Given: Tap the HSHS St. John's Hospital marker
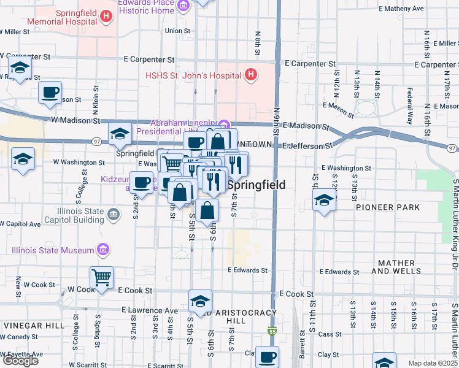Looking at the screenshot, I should [250, 75].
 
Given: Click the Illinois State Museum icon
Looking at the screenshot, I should [103, 250].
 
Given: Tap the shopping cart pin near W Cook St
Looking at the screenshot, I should [101, 278].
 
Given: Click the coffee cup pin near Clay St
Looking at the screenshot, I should [267, 356].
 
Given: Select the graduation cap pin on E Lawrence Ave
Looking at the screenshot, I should [200, 302].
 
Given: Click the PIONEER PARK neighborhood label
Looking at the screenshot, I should [387, 207].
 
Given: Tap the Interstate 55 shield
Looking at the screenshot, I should [271, 332].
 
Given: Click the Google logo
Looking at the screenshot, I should [20, 361].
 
